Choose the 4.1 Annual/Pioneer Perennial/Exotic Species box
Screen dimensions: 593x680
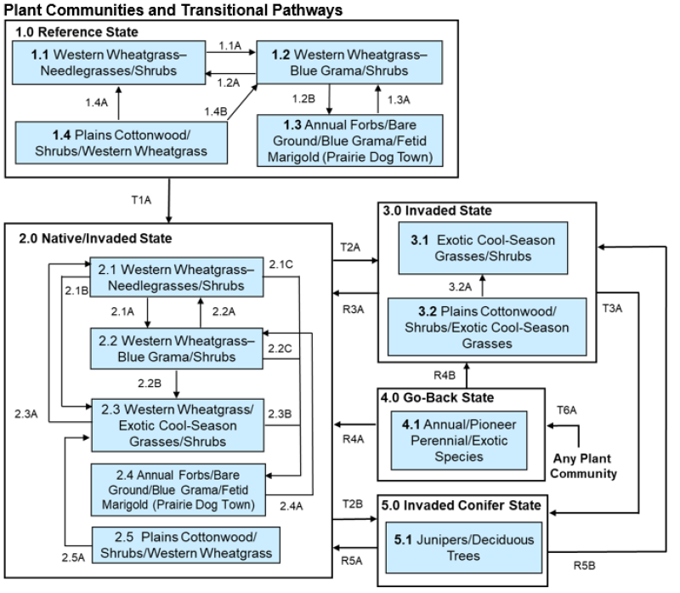point(464,439)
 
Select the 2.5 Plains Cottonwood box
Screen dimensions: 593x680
point(186,545)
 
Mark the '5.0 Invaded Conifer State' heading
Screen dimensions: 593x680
point(459,505)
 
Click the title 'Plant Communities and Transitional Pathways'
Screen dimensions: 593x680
point(161,9)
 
